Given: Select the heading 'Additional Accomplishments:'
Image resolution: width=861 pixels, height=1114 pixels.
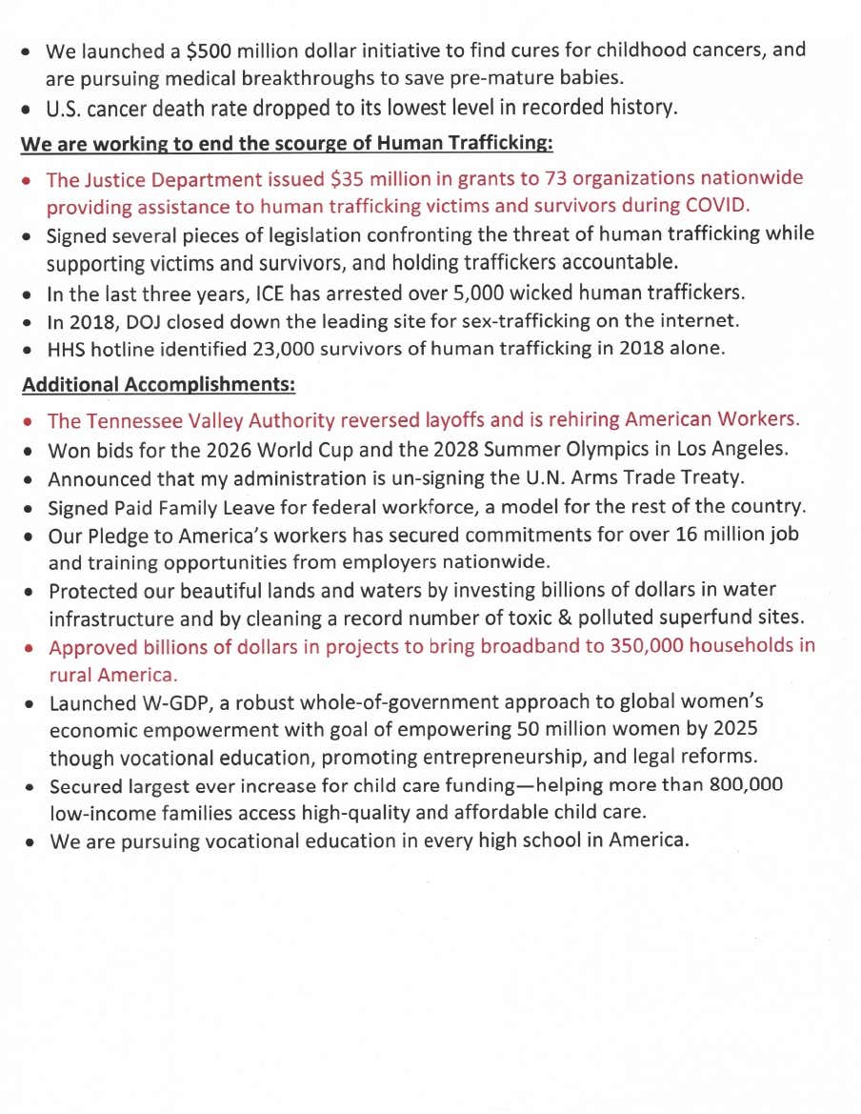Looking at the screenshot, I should point(158,386).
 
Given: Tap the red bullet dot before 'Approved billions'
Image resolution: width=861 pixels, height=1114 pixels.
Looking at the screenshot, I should point(30,648).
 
